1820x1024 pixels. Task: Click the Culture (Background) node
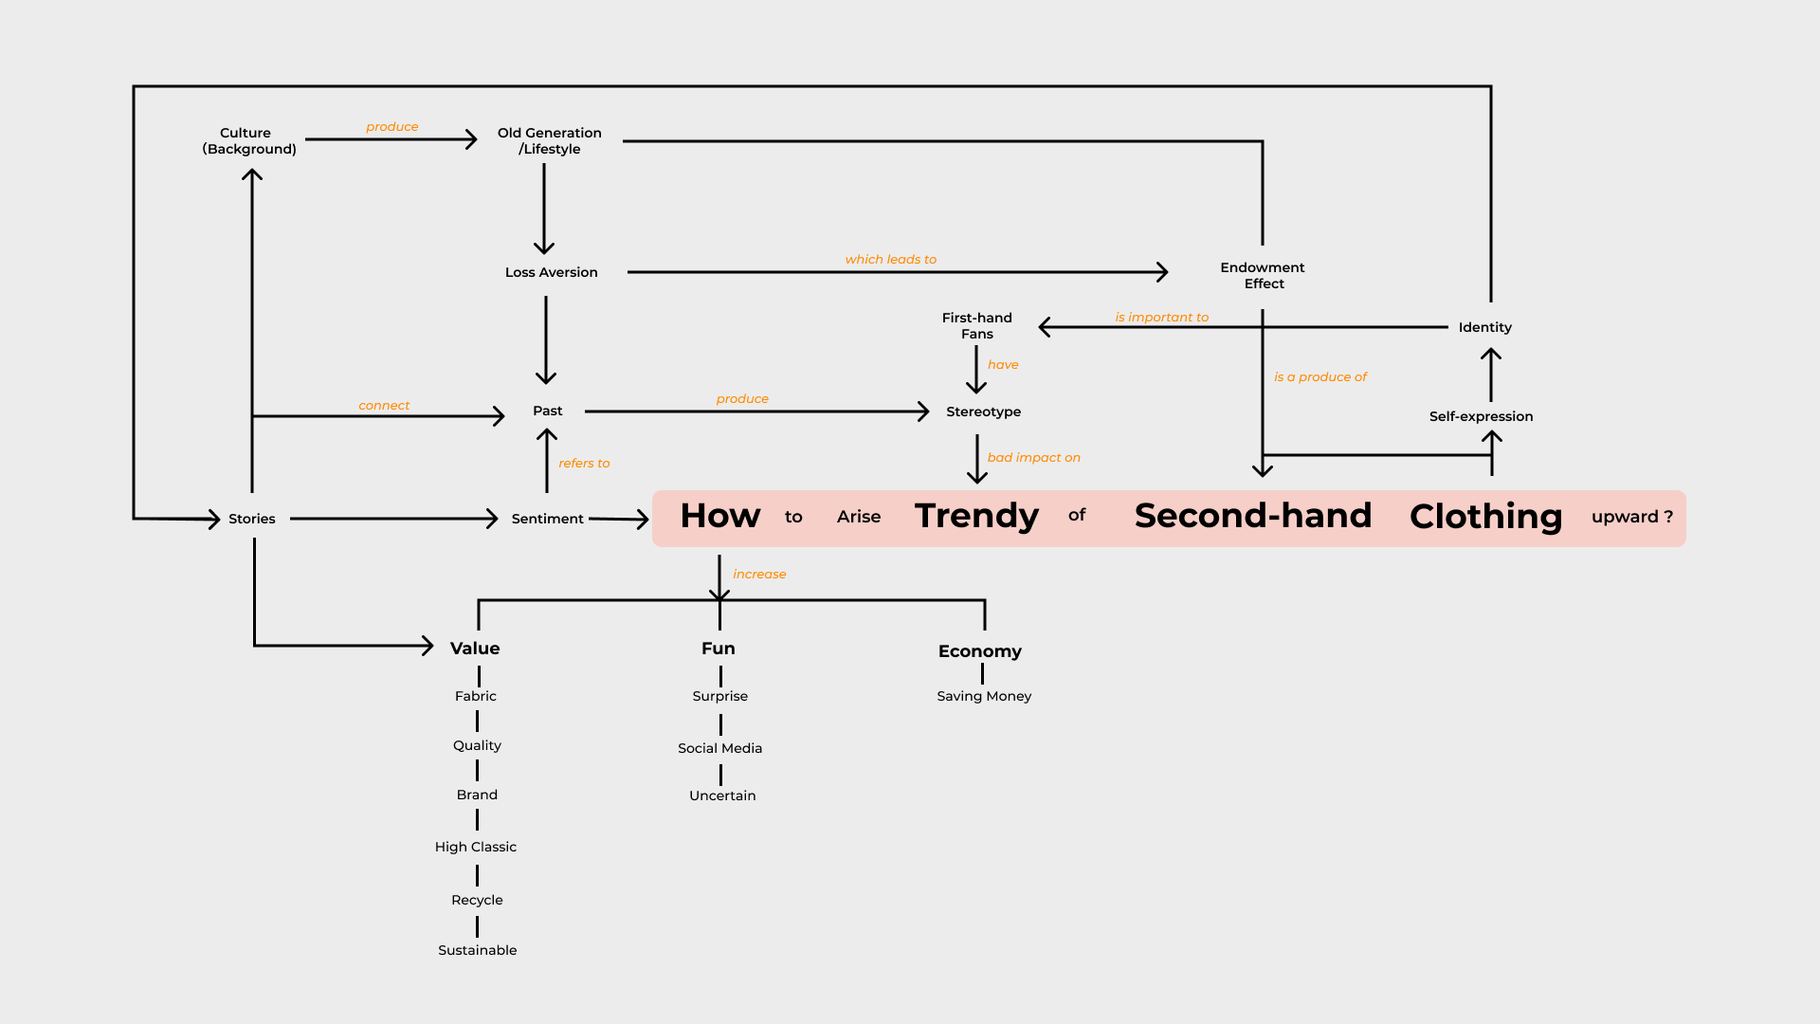tap(248, 141)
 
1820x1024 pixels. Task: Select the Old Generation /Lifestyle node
tap(549, 141)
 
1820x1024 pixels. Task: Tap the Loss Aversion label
tap(551, 272)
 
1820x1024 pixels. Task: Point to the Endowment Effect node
tap(1263, 276)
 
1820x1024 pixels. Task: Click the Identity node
tap(1484, 327)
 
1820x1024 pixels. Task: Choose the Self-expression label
tap(1481, 416)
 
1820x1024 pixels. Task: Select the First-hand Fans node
tap(976, 325)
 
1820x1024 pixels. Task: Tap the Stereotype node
tap(983, 411)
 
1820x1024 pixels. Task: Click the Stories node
tap(251, 519)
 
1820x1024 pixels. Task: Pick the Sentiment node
tap(547, 519)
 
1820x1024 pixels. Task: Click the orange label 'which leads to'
tap(890, 259)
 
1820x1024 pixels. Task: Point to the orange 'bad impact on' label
tap(1033, 457)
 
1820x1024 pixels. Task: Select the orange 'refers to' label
tap(584, 463)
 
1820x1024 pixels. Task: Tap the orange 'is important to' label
tap(1161, 317)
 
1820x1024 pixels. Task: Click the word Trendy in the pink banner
tap(976, 516)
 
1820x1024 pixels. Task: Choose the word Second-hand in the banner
tap(1252, 516)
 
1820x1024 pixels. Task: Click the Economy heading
tap(979, 651)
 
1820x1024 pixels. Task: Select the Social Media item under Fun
tap(719, 748)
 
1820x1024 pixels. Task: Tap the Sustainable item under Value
tap(477, 950)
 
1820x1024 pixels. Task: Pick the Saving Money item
tap(984, 696)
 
